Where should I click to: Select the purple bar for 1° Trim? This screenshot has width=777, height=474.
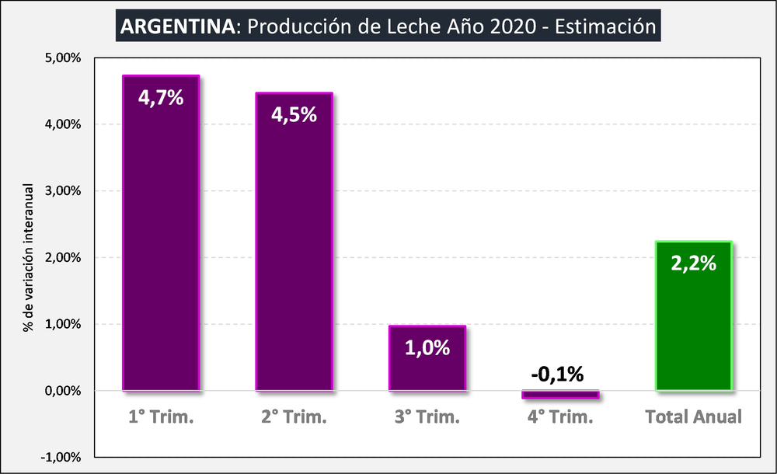tap(161, 249)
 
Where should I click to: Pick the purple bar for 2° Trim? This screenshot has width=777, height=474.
tap(294, 256)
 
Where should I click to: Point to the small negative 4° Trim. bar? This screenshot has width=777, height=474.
tap(560, 395)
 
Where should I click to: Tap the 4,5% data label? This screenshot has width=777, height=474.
tap(294, 114)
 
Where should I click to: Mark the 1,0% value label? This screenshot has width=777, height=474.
tap(427, 347)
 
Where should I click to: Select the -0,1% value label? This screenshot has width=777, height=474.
tap(558, 374)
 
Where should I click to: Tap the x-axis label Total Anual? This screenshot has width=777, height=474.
tap(694, 416)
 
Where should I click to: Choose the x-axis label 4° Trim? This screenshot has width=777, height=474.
tap(560, 416)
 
